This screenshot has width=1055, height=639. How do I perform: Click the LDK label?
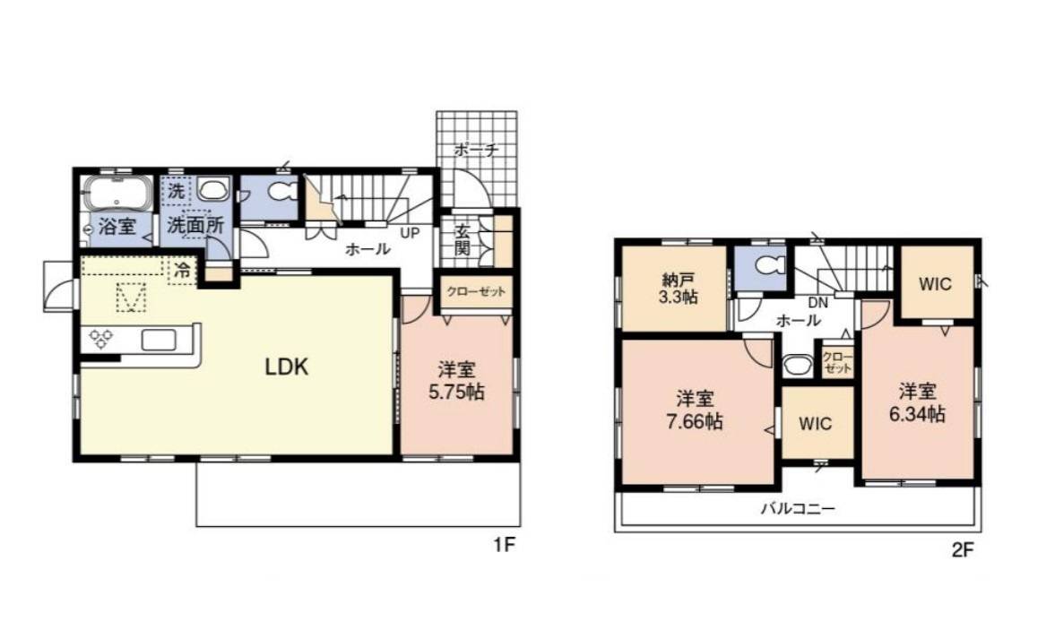click(x=287, y=367)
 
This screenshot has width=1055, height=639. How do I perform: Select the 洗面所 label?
click(x=195, y=225)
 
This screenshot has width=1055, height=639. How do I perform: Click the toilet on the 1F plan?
click(x=281, y=192)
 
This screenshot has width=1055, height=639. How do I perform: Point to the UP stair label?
click(x=410, y=233)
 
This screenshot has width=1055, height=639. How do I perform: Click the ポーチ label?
click(x=476, y=150)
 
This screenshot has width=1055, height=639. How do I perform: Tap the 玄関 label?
click(x=463, y=239)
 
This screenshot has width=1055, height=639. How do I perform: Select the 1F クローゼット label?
click(x=476, y=292)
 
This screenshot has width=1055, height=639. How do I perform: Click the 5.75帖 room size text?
click(x=457, y=392)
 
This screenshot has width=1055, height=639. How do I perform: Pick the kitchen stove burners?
click(x=101, y=339)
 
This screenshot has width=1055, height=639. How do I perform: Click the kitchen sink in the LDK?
click(x=159, y=340)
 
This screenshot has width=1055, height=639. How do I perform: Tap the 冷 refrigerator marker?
click(x=182, y=271)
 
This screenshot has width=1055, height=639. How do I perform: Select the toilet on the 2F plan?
click(x=767, y=266)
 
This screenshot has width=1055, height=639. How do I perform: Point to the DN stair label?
click(x=817, y=303)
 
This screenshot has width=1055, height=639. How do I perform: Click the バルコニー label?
click(x=798, y=508)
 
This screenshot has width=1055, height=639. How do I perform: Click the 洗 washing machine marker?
click(x=177, y=190)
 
